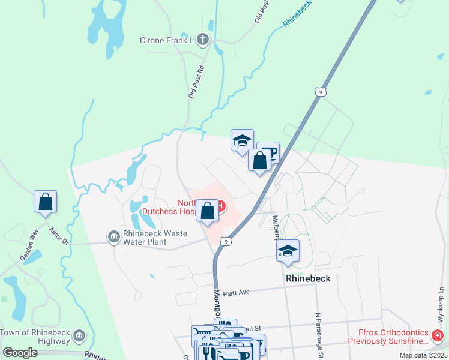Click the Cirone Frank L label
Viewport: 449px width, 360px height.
coord(164,40)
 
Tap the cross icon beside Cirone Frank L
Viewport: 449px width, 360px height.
coord(203,40)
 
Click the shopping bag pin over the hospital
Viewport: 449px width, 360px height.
coord(208,211)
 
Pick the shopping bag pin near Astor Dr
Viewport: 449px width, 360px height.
coord(45,203)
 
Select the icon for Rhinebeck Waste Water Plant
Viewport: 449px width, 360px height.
coord(113,238)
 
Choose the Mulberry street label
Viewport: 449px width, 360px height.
coord(276,227)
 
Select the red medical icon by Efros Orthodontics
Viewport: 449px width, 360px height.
coord(439,335)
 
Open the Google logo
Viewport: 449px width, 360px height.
coord(20,353)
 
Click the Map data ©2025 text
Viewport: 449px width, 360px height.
coord(423,355)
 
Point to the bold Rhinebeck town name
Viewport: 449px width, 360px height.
coord(308,279)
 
